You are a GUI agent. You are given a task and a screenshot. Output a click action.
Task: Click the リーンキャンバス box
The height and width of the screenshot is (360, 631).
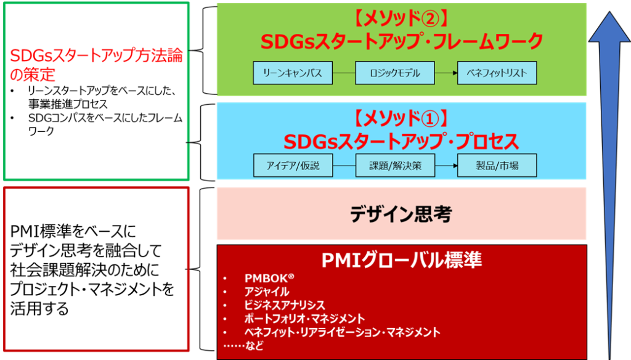pyautogui.click(x=293, y=73)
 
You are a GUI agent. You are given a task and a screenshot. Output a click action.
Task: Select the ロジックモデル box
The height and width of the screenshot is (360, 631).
pyautogui.click(x=395, y=73)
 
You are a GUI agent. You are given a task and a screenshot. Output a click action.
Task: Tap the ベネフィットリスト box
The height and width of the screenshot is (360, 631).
pyautogui.click(x=497, y=73)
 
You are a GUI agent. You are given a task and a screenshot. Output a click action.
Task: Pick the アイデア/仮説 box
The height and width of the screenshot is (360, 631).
pyautogui.click(x=293, y=165)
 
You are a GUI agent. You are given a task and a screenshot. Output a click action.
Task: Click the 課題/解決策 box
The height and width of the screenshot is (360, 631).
pyautogui.click(x=395, y=165)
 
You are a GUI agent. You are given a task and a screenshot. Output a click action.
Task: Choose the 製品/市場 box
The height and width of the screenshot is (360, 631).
pyautogui.click(x=497, y=165)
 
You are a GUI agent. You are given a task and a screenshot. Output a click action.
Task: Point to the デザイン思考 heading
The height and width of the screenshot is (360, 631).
pyautogui.click(x=401, y=214)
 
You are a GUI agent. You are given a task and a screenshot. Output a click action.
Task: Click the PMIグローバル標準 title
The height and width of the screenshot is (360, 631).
pyautogui.click(x=401, y=260)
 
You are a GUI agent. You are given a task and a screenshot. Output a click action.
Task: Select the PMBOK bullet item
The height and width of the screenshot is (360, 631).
pyautogui.click(x=269, y=278)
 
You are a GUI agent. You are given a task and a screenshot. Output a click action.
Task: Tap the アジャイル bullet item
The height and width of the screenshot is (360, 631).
pyautogui.click(x=266, y=292)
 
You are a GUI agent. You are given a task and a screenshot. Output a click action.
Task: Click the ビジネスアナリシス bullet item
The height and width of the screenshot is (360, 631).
pyautogui.click(x=284, y=305)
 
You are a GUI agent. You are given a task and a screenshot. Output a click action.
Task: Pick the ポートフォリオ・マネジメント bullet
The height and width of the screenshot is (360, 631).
pyautogui.click(x=304, y=319)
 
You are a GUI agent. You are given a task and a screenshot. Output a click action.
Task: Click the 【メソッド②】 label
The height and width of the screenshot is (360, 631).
pyautogui.click(x=401, y=18)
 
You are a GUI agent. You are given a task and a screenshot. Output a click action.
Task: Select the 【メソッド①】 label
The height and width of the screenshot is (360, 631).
pyautogui.click(x=401, y=119)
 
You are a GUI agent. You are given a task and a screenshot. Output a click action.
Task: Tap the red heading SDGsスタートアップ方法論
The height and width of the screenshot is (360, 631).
pyautogui.click(x=96, y=56)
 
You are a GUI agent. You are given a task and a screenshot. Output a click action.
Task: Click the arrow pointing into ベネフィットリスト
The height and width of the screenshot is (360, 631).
pyautogui.click(x=446, y=73)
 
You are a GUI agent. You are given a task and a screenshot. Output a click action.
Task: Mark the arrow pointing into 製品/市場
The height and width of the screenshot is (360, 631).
pyautogui.click(x=446, y=165)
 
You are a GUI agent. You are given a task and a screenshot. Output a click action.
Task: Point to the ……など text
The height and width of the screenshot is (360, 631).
pyautogui.click(x=243, y=345)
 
